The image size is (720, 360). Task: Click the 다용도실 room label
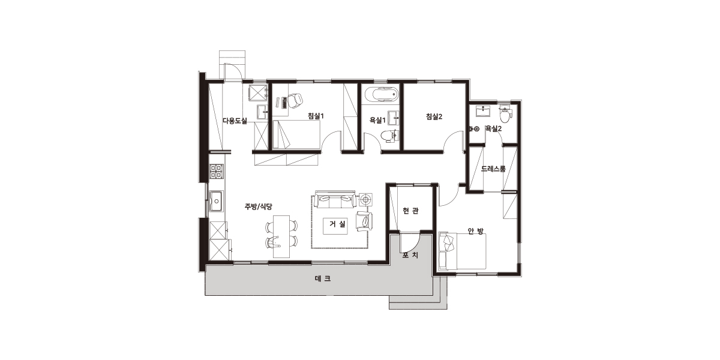[x=235, y=121]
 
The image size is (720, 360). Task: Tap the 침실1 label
[x=316, y=116]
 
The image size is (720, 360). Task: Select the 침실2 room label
[x=434, y=116]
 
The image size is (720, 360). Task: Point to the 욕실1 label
[x=377, y=121]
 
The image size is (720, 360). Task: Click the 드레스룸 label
[x=493, y=169]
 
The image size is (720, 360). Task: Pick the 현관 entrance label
[x=411, y=211]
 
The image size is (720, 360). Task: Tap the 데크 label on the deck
[x=323, y=278]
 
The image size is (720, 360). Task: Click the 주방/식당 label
[x=259, y=206]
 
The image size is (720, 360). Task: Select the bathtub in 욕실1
[x=382, y=94]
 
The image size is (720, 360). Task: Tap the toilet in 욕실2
[x=505, y=114]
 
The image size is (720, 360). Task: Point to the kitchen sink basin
[x=217, y=201]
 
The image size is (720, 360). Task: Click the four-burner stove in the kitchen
[x=217, y=172]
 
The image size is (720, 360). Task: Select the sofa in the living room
[x=335, y=199]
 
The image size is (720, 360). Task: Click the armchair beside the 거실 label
[x=365, y=221]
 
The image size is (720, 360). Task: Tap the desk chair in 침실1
[x=295, y=100]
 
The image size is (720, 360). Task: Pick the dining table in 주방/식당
[x=281, y=236]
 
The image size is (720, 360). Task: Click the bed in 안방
[x=462, y=251]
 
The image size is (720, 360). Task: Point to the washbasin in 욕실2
[x=483, y=111]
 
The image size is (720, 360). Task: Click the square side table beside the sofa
[x=365, y=200]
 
